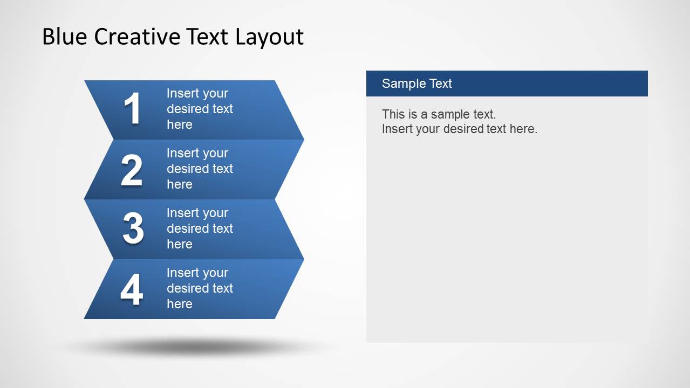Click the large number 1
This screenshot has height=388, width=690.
point(132,109)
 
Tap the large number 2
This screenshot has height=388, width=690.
point(132,170)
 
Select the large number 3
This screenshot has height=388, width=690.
point(133,228)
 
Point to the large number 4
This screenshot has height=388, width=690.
point(132,289)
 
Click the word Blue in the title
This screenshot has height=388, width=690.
point(65,37)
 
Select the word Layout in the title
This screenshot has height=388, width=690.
point(269,37)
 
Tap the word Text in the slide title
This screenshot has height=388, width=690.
point(208,37)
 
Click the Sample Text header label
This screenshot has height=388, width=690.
point(416,84)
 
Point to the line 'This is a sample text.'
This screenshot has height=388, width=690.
point(439,114)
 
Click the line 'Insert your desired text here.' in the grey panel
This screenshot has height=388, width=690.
point(460,129)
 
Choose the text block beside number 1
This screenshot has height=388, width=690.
point(200,109)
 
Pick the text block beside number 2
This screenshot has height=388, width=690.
point(200,169)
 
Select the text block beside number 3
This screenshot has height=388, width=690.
point(200,228)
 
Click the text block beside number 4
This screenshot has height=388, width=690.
point(200,288)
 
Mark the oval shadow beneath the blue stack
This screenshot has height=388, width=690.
point(194,348)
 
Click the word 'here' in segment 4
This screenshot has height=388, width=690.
point(180,304)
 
